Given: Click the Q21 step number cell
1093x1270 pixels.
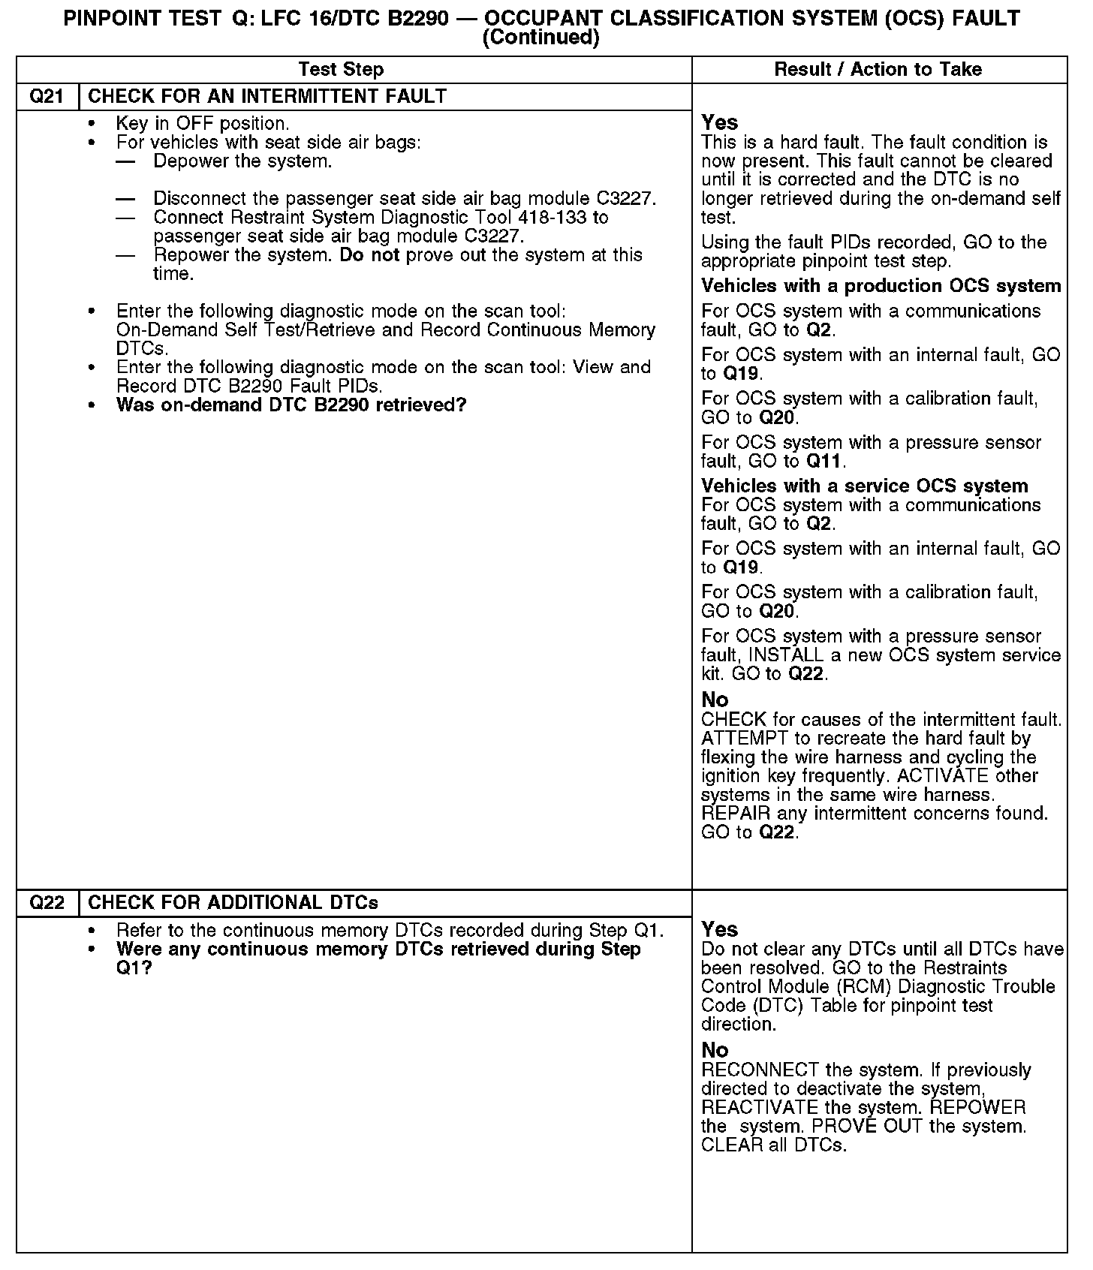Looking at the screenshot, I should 47,97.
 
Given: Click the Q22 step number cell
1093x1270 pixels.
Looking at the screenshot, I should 47,903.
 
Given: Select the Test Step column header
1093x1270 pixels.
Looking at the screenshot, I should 341,70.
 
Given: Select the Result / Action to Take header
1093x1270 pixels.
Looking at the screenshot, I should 878,70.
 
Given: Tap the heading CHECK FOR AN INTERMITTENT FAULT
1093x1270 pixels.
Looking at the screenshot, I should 267,97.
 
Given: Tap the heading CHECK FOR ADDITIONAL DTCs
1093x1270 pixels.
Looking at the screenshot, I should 233,903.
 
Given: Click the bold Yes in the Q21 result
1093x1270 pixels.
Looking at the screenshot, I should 719,122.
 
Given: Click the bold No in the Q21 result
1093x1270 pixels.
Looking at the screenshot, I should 715,700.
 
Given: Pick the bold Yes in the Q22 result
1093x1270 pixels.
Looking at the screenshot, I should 719,929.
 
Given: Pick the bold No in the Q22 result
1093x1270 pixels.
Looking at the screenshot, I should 715,1050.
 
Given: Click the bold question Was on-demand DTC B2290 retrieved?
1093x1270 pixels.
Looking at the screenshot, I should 291,405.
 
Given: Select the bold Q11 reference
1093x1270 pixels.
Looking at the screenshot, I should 824,462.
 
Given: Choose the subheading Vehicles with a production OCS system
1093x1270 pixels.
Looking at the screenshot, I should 881,286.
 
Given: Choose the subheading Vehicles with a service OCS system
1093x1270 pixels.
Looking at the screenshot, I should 864,486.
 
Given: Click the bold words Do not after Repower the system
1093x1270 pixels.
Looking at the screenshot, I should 370,255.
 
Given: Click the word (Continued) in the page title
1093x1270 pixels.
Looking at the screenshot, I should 540,38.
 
